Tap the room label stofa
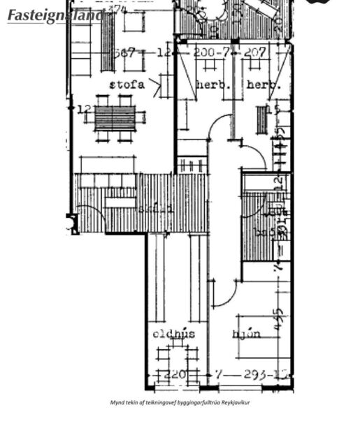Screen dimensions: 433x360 click(x=127, y=85)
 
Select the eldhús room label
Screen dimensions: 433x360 click(x=174, y=335)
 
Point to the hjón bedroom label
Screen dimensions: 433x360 click(x=247, y=334)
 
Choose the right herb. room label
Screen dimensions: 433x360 click(x=264, y=85)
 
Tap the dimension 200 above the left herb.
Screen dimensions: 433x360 click(x=206, y=53)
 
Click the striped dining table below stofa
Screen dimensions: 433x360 click(x=115, y=118)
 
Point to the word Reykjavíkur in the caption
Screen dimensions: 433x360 click(x=236, y=402)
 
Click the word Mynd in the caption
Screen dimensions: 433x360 click(x=117, y=402)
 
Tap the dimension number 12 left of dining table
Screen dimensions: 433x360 click(x=84, y=110)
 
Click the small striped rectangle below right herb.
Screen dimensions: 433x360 click(x=261, y=119)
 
